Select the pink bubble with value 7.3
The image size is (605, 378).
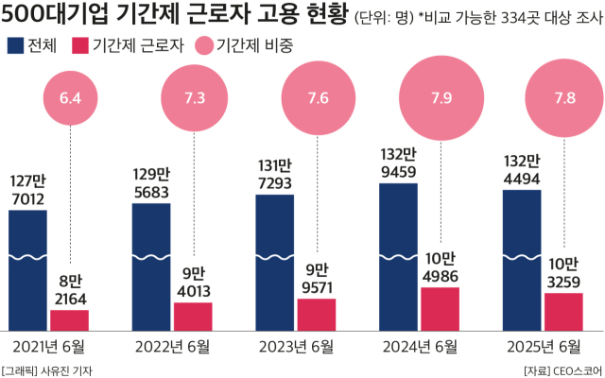click(x=195, y=98)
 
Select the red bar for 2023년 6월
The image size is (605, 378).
click(x=317, y=313)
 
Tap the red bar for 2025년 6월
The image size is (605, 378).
click(x=563, y=310)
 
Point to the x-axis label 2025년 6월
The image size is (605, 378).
click(x=544, y=345)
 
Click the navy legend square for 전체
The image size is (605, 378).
click(x=16, y=45)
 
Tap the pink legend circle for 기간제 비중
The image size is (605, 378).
click(x=201, y=45)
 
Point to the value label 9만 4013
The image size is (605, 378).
click(x=193, y=282)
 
